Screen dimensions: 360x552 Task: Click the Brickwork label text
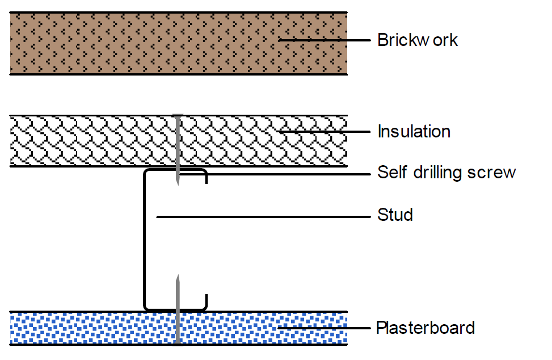[417, 40]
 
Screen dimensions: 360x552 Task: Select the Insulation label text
[414, 132]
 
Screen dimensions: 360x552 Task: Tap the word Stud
[395, 216]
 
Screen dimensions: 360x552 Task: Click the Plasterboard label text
[425, 328]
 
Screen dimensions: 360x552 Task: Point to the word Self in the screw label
[389, 173]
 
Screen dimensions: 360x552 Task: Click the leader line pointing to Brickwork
[323, 40]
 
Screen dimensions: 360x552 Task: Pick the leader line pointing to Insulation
[323, 132]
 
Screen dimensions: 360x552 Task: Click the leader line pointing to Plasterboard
[323, 328]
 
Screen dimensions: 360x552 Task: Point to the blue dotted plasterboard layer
[85, 328]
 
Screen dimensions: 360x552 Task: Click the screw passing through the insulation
[178, 142]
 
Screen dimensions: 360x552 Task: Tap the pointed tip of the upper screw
[178, 183]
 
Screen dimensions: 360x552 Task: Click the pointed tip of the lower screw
[178, 278]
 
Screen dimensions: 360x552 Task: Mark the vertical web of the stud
[145, 238]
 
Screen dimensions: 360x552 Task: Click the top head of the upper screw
[178, 115]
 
